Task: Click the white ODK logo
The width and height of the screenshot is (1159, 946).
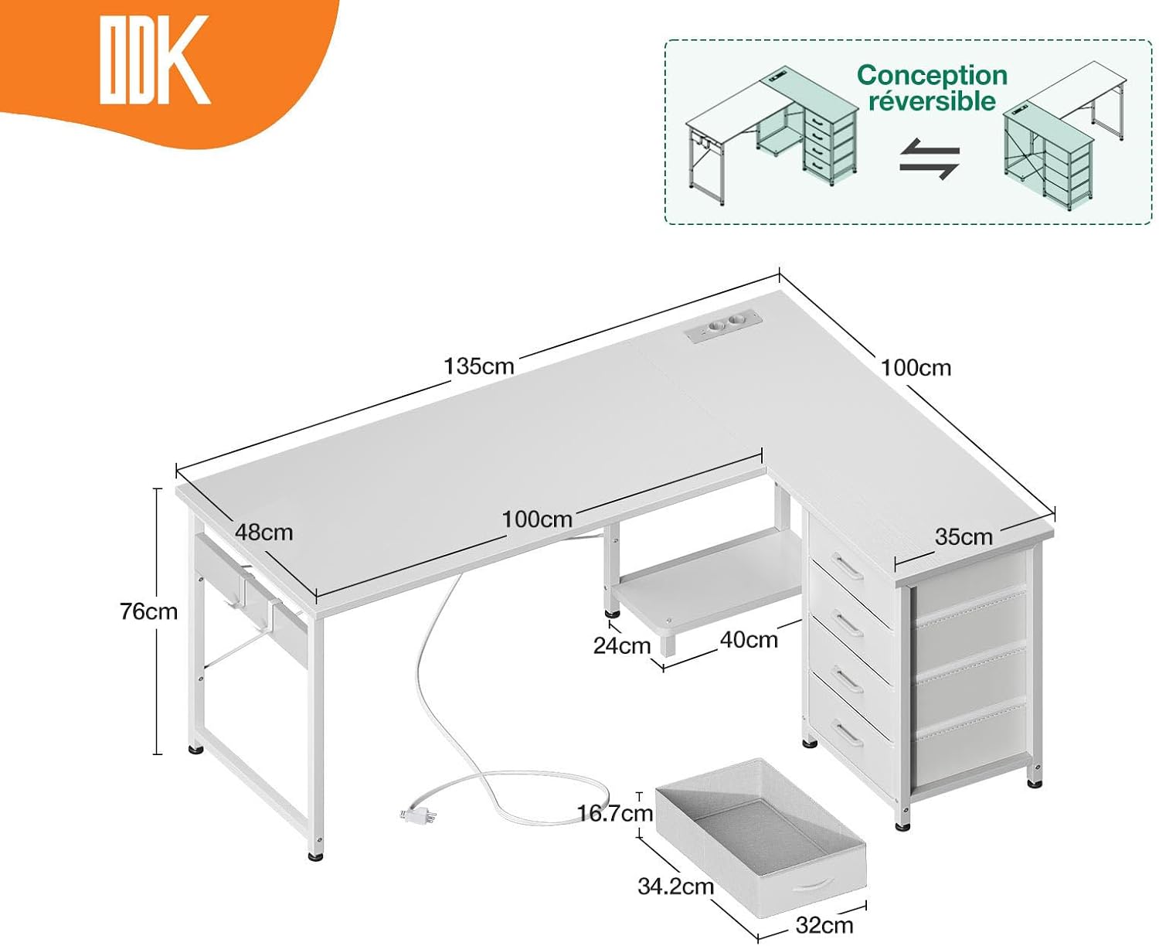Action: click(155, 60)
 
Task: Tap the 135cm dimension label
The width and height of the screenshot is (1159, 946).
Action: click(478, 366)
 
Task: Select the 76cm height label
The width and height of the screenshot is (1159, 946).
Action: click(149, 611)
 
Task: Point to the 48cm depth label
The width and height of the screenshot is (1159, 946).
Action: click(263, 532)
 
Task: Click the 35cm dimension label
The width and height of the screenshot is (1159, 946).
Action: click(964, 537)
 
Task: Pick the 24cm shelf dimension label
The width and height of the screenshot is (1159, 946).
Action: click(621, 645)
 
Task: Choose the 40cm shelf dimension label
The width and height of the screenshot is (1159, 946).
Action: click(749, 640)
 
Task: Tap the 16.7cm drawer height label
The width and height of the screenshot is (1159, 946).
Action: click(615, 813)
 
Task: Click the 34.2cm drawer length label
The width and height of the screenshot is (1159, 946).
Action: click(675, 886)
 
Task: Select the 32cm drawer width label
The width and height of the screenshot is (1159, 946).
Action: click(824, 925)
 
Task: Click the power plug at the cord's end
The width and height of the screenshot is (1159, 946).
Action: click(418, 815)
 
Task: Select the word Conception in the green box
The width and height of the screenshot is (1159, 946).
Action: click(932, 75)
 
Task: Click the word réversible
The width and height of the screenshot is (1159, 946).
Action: click(932, 101)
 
